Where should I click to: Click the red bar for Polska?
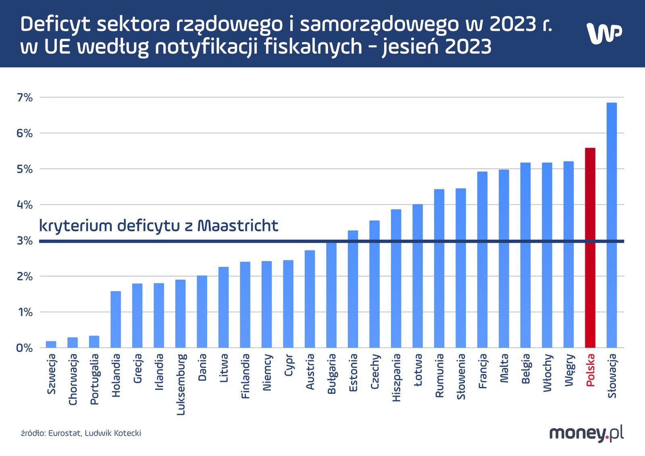click(590, 248)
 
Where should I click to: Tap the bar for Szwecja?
click(51, 344)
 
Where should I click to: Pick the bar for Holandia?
click(116, 319)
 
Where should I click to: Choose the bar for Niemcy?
click(266, 304)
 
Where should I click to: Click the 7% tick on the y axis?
click(25, 98)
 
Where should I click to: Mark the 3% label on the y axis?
click(25, 241)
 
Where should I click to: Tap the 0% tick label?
click(25, 348)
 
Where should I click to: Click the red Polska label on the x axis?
click(590, 370)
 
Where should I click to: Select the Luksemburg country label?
click(181, 384)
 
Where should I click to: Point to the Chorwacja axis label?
click(73, 379)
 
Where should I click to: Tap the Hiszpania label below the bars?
click(396, 377)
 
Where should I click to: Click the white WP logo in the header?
click(603, 33)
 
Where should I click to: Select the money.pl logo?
click(586, 433)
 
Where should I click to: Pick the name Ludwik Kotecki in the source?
click(113, 433)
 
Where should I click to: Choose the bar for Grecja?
click(137, 316)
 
